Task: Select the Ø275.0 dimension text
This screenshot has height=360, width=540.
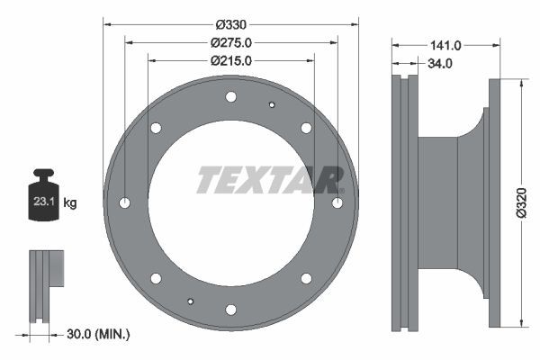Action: click(x=231, y=42)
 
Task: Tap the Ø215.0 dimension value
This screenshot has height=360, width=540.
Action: click(x=231, y=61)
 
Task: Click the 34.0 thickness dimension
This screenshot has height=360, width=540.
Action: click(x=440, y=64)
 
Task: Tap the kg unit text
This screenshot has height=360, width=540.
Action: click(x=70, y=203)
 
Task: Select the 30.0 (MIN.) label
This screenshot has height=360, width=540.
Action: click(x=98, y=334)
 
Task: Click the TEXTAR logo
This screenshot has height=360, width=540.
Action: click(x=270, y=180)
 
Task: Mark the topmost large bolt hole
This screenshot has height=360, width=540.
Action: click(x=231, y=96)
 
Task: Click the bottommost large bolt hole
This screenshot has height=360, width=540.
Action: click(x=231, y=310)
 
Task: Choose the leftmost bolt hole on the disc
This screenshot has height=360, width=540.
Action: click(x=125, y=203)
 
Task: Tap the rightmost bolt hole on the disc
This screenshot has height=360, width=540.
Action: click(x=337, y=203)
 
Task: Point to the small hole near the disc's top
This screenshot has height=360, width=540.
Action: click(x=272, y=104)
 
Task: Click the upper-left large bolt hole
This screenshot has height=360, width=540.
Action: click(x=156, y=128)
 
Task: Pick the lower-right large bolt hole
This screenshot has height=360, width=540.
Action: click(x=306, y=278)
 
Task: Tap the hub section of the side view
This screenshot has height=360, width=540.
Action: click(x=441, y=203)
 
